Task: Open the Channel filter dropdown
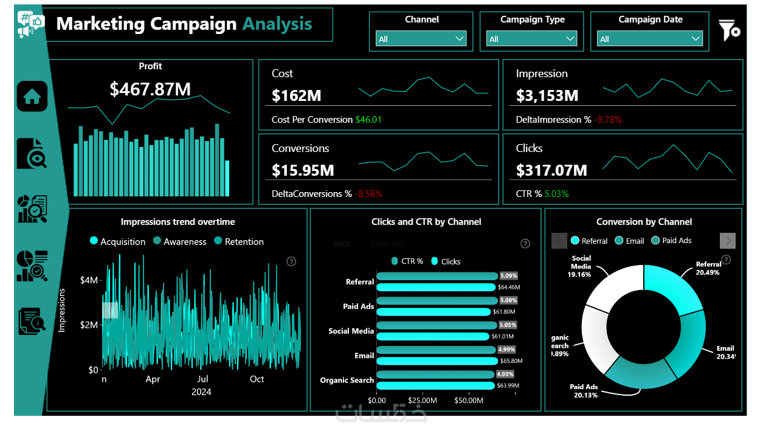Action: tap(421, 39)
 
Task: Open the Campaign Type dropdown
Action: tap(532, 39)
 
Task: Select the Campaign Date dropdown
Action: tap(650, 39)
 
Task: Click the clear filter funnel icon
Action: tap(728, 30)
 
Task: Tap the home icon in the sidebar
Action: tap(32, 96)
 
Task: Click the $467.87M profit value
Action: tap(150, 89)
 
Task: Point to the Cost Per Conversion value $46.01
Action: tap(368, 120)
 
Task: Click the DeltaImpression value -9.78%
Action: tap(608, 120)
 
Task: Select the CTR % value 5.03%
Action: tap(556, 194)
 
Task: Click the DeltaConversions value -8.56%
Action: tap(368, 194)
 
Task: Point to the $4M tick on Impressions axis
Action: tap(89, 280)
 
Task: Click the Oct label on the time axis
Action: tap(257, 379)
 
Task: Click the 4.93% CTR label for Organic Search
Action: tap(505, 374)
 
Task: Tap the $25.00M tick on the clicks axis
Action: tap(422, 401)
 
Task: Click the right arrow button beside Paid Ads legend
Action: tap(728, 241)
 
